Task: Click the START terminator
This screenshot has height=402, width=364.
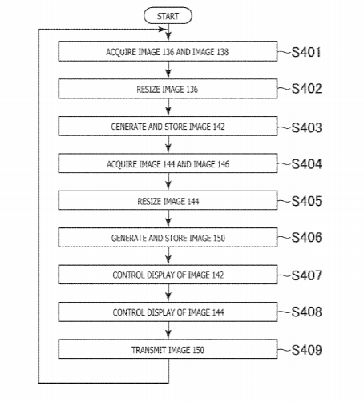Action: point(168,16)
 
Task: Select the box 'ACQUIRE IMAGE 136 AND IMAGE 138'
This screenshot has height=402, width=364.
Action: point(168,51)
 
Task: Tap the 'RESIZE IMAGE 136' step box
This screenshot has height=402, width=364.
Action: point(168,89)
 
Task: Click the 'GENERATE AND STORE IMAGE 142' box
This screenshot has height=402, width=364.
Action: point(168,126)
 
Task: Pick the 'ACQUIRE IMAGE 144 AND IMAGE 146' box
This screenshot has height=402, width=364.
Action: point(168,163)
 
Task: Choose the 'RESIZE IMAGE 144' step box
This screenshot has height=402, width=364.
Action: point(168,200)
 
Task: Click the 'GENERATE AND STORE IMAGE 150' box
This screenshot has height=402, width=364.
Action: point(168,237)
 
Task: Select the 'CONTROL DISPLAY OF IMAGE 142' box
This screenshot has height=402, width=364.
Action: point(168,275)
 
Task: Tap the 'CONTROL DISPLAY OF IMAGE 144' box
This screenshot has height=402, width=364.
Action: point(168,312)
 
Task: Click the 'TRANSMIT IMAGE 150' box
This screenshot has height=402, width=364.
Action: point(168,349)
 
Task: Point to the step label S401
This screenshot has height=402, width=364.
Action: point(306,52)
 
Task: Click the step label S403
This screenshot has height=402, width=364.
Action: point(306,127)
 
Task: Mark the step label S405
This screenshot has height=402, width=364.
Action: point(306,201)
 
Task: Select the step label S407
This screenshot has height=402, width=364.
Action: point(306,275)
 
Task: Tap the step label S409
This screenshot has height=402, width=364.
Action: point(306,350)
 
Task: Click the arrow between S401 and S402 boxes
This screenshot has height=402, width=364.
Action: point(168,70)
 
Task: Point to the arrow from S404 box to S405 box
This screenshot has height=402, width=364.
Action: point(168,182)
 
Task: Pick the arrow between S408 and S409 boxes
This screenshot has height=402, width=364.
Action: point(168,331)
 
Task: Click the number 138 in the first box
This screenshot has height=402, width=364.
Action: point(222,52)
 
